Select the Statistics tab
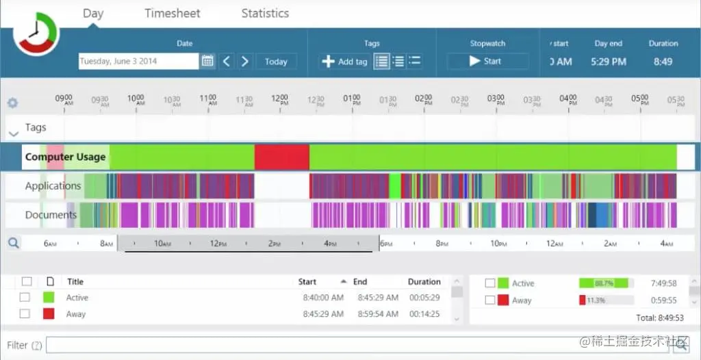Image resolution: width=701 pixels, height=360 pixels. [265, 13]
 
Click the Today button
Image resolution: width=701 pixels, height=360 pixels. [276, 61]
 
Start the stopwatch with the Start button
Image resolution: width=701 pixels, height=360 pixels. [487, 61]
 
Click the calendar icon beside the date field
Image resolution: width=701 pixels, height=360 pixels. [207, 61]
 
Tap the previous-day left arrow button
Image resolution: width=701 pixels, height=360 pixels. [227, 61]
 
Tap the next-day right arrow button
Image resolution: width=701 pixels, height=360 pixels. [245, 61]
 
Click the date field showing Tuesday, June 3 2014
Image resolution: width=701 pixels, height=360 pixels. [138, 61]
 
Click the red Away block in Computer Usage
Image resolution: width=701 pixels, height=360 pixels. [281, 157]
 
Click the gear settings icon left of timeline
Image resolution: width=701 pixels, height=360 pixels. [12, 103]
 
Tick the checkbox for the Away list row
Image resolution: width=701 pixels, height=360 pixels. [25, 314]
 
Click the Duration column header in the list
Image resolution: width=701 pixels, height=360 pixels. [424, 281]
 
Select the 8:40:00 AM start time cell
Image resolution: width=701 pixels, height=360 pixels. [323, 298]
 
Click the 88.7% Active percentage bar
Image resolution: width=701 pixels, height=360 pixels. [606, 283]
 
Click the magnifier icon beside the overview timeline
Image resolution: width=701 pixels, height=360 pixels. [13, 242]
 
